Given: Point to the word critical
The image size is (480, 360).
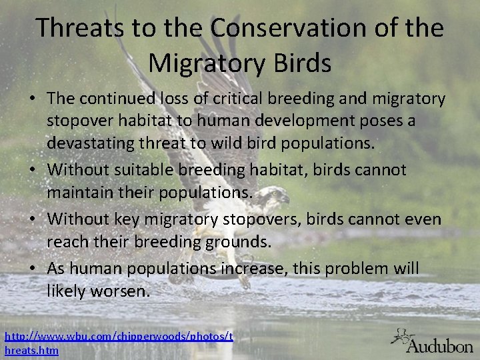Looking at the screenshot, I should [x=241, y=99].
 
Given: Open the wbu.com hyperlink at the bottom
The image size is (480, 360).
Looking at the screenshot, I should [x=119, y=338].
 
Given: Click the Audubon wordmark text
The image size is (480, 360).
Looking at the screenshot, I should [x=440, y=346].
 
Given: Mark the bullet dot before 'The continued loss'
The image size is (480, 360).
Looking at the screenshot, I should [x=33, y=99].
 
